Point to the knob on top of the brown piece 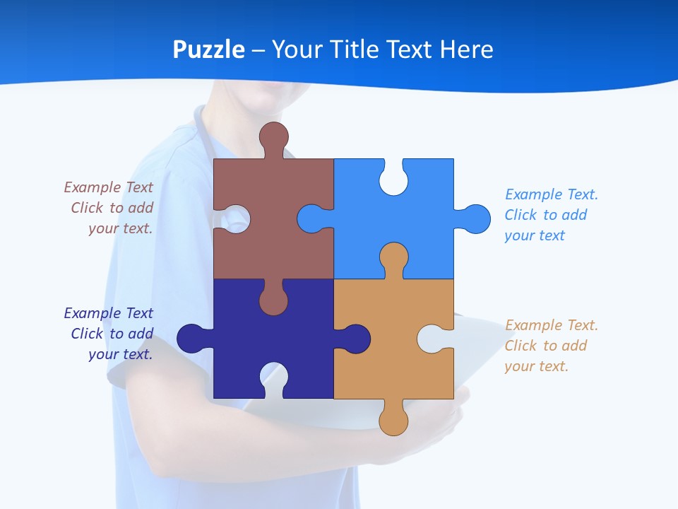tap(273, 136)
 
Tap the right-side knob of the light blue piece tap(476, 218)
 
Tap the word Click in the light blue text tap(521, 215)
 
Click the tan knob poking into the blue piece tap(393, 257)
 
